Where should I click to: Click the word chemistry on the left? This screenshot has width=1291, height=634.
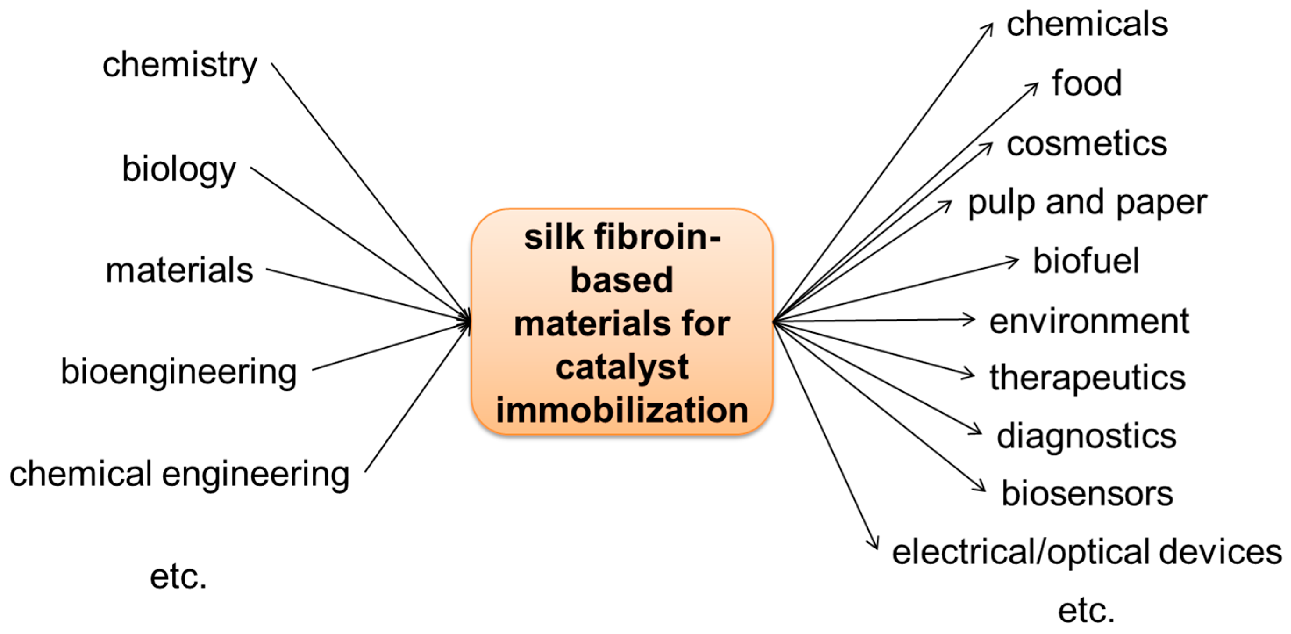[179, 65]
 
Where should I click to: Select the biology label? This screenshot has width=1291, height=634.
[179, 169]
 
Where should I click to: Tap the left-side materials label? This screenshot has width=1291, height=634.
[179, 270]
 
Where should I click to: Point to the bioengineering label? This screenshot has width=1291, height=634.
[179, 372]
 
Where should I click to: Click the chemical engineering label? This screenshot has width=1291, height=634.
[179, 474]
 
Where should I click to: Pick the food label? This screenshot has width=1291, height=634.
[1087, 83]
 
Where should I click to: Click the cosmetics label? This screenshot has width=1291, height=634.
[1087, 144]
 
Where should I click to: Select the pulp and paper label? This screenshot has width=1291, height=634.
[1087, 203]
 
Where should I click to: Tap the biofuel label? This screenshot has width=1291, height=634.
[1086, 261]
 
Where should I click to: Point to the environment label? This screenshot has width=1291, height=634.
[1088, 321]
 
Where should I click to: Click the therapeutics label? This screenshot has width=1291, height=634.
[1087, 377]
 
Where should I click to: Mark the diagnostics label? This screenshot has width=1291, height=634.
[1086, 436]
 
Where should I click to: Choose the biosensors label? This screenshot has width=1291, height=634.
[1087, 494]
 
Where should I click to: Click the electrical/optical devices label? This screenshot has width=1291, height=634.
[1087, 552]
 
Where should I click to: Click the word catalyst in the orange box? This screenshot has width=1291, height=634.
[622, 367]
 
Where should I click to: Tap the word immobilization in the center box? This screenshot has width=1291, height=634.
[622, 410]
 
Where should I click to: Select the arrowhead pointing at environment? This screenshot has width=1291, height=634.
[968, 319]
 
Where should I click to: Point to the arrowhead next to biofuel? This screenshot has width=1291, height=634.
[1013, 261]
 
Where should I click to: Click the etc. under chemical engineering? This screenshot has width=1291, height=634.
[178, 577]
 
